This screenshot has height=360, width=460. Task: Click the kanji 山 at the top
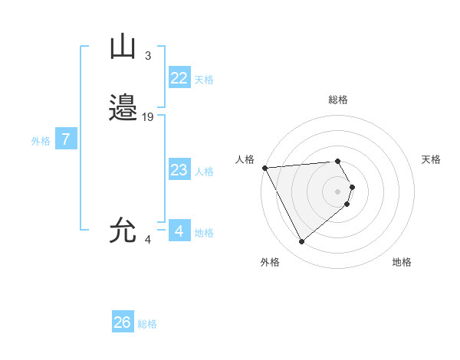(123, 47)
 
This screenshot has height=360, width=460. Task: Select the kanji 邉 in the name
(123, 108)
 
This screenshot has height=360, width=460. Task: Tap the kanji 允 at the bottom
(123, 231)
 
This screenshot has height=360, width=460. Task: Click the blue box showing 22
(179, 78)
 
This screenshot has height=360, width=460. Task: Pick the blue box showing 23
(179, 170)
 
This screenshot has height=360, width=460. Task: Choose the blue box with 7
(67, 139)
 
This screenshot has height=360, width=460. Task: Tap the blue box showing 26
(123, 322)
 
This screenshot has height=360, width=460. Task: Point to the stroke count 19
(148, 116)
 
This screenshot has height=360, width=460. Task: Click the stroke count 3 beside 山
(148, 55)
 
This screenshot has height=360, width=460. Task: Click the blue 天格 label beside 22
(204, 80)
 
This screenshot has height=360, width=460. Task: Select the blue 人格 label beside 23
(204, 172)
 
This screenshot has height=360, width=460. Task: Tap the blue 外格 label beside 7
(41, 141)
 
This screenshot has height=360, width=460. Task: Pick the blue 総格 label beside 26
(147, 324)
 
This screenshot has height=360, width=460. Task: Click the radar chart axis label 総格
(338, 100)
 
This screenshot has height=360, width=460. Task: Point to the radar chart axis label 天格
(431, 159)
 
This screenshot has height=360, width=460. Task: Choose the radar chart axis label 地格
(402, 262)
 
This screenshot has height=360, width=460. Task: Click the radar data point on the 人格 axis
(264, 168)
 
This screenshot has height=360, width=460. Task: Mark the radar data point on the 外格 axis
(302, 242)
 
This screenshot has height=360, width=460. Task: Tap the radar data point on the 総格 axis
(338, 161)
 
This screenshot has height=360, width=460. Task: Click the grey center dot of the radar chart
(338, 191)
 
